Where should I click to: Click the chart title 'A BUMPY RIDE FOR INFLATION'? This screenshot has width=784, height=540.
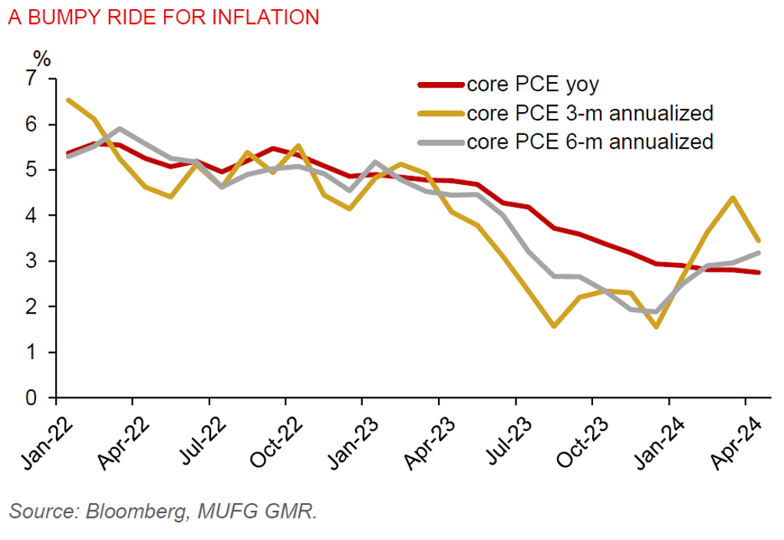click(x=163, y=18)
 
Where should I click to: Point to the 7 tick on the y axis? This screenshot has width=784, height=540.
click(x=31, y=78)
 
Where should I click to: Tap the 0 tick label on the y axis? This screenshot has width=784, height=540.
click(x=31, y=398)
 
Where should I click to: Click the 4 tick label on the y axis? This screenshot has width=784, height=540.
click(x=31, y=216)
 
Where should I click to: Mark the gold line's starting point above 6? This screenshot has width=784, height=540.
click(x=69, y=100)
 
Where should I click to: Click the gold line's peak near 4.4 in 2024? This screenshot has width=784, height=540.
click(x=733, y=198)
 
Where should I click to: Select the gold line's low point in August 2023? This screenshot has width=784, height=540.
click(x=554, y=326)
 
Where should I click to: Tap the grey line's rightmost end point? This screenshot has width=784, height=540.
click(x=758, y=252)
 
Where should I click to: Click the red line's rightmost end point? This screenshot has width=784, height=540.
click(x=758, y=272)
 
